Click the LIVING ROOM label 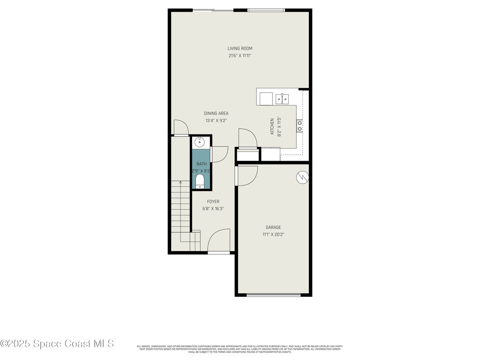[240, 48]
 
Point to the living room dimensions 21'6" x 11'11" [240, 56]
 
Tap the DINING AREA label [216, 113]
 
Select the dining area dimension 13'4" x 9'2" [216, 120]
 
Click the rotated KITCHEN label [272, 127]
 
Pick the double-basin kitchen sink [282, 98]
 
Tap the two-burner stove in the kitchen [299, 126]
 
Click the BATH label [202, 164]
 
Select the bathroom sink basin [200, 142]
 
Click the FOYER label [213, 202]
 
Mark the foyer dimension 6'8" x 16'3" [213, 209]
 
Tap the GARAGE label [273, 227]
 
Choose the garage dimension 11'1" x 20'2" [273, 234]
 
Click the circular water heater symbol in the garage [302, 177]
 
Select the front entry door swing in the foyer [218, 240]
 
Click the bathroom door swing [218, 154]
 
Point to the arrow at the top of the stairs [180, 182]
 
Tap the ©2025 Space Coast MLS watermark [57, 344]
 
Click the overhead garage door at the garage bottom [273, 295]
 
